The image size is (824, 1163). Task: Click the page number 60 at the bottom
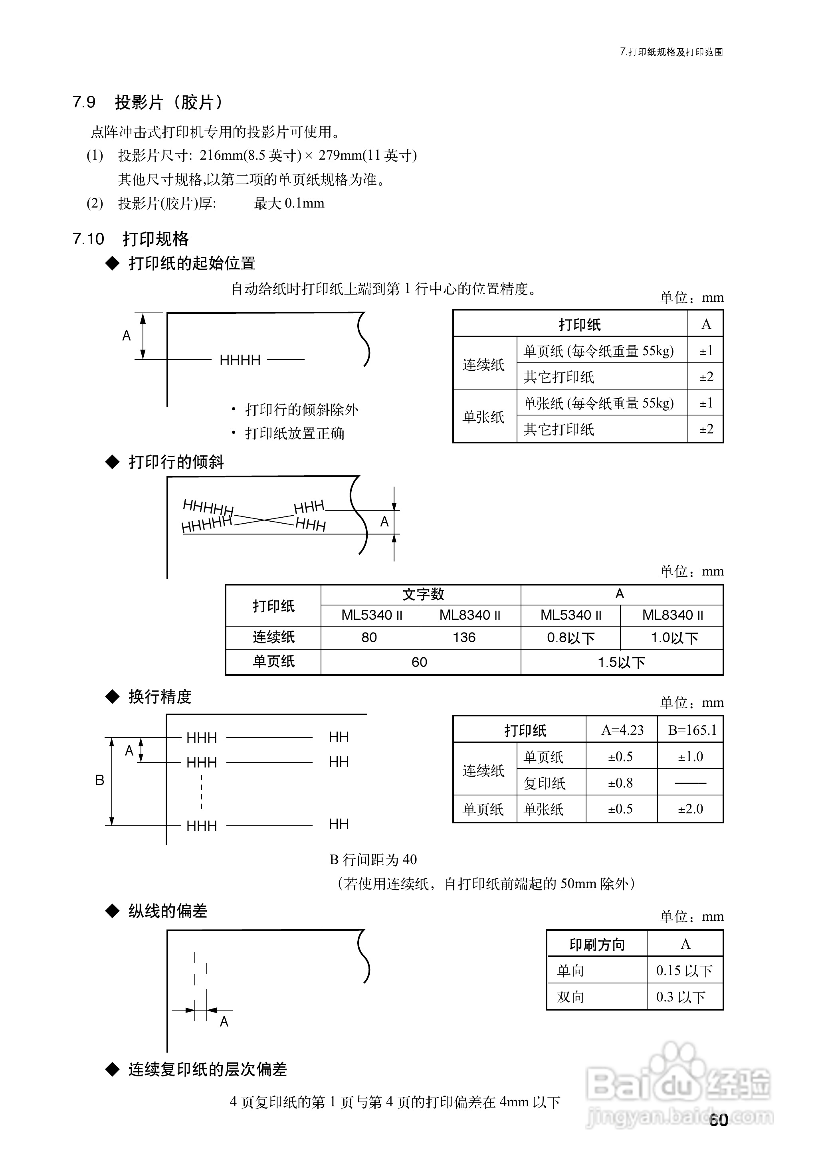tap(719, 1119)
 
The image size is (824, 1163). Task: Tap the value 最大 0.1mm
tap(289, 204)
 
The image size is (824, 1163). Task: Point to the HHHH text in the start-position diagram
tap(240, 360)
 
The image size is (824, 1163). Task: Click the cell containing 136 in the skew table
tap(464, 637)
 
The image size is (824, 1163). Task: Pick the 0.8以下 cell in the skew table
tap(570, 637)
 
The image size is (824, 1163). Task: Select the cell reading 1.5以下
tap(621, 662)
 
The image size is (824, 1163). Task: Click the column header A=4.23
tap(622, 730)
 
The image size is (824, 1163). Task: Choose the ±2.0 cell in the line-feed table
tap(691, 809)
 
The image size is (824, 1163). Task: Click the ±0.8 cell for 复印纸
tap(620, 783)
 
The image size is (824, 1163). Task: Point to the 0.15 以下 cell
tap(684, 970)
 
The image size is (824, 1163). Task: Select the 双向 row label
tap(570, 997)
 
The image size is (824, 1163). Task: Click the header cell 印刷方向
tap(597, 944)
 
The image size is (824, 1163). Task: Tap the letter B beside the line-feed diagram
tap(99, 780)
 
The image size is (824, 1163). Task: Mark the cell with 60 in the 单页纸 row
tap(419, 662)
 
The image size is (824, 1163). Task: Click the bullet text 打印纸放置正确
tap(295, 433)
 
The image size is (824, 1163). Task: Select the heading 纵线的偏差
tap(167, 911)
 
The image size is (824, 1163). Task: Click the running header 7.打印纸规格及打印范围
tap(671, 52)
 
